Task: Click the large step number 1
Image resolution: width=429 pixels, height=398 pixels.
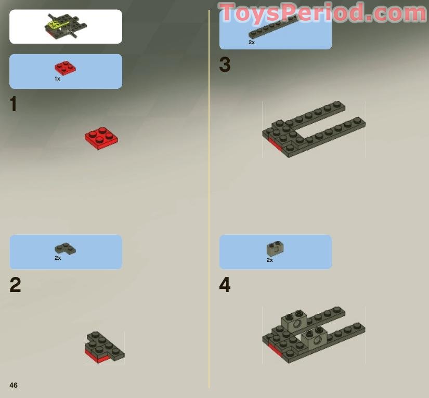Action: pos(14,104)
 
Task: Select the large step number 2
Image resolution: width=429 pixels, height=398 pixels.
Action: pos(15,285)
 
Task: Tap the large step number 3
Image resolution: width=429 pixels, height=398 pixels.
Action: pos(225,65)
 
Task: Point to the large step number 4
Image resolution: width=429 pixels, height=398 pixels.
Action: pos(225,285)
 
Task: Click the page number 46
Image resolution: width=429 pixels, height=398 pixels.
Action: pos(14,385)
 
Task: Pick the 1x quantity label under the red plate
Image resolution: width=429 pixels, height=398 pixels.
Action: pos(57,79)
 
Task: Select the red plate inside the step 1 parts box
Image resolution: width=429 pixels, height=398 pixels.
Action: pos(66,68)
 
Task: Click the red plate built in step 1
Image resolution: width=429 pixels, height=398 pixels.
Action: pos(101,138)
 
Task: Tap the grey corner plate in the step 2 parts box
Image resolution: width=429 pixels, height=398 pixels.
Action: pos(65,248)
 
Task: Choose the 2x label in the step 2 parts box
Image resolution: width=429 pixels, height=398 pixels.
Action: pos(58,258)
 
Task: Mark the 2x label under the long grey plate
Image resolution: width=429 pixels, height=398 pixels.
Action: pos(252,43)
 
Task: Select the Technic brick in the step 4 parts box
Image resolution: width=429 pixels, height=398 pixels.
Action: pos(275,249)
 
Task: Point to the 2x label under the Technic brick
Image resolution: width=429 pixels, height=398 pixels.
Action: pos(269,260)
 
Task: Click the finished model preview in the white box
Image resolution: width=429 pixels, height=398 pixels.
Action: pos(66,26)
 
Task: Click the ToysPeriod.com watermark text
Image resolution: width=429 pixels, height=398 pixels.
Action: pos(322,13)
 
